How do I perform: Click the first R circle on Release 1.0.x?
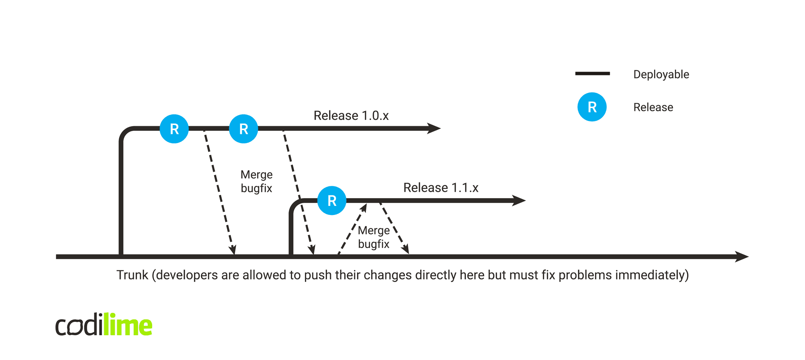pos(174,129)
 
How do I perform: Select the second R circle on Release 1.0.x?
pos(244,129)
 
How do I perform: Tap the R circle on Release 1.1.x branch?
pos(332,200)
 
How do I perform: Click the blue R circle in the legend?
pos(592,107)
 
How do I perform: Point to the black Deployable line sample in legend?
pos(592,73)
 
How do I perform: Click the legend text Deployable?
pos(661,74)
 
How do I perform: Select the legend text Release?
pos(653,107)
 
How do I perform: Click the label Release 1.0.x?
pos(351,116)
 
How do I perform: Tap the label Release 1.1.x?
pos(441,187)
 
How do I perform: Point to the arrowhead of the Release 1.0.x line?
pos(434,129)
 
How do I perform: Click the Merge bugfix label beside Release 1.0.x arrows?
pos(256,181)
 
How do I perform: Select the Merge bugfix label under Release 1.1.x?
pos(373,237)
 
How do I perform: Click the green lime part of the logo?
pos(128,325)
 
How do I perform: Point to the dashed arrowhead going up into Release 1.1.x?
pos(364,208)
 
